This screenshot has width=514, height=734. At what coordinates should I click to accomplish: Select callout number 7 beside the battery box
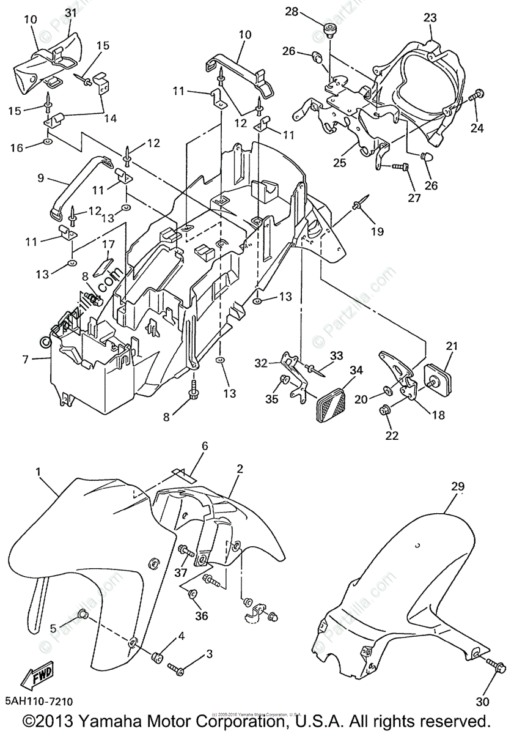[x=25, y=360]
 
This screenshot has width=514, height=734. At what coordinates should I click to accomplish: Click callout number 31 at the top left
[x=70, y=12]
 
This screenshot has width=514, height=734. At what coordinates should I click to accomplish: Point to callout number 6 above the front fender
[x=204, y=446]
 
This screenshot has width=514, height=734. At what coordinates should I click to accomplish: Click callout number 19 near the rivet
[x=377, y=231]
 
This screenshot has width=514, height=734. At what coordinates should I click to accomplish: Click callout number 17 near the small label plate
[x=108, y=245]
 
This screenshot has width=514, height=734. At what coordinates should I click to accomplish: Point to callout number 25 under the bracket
[x=339, y=163]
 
